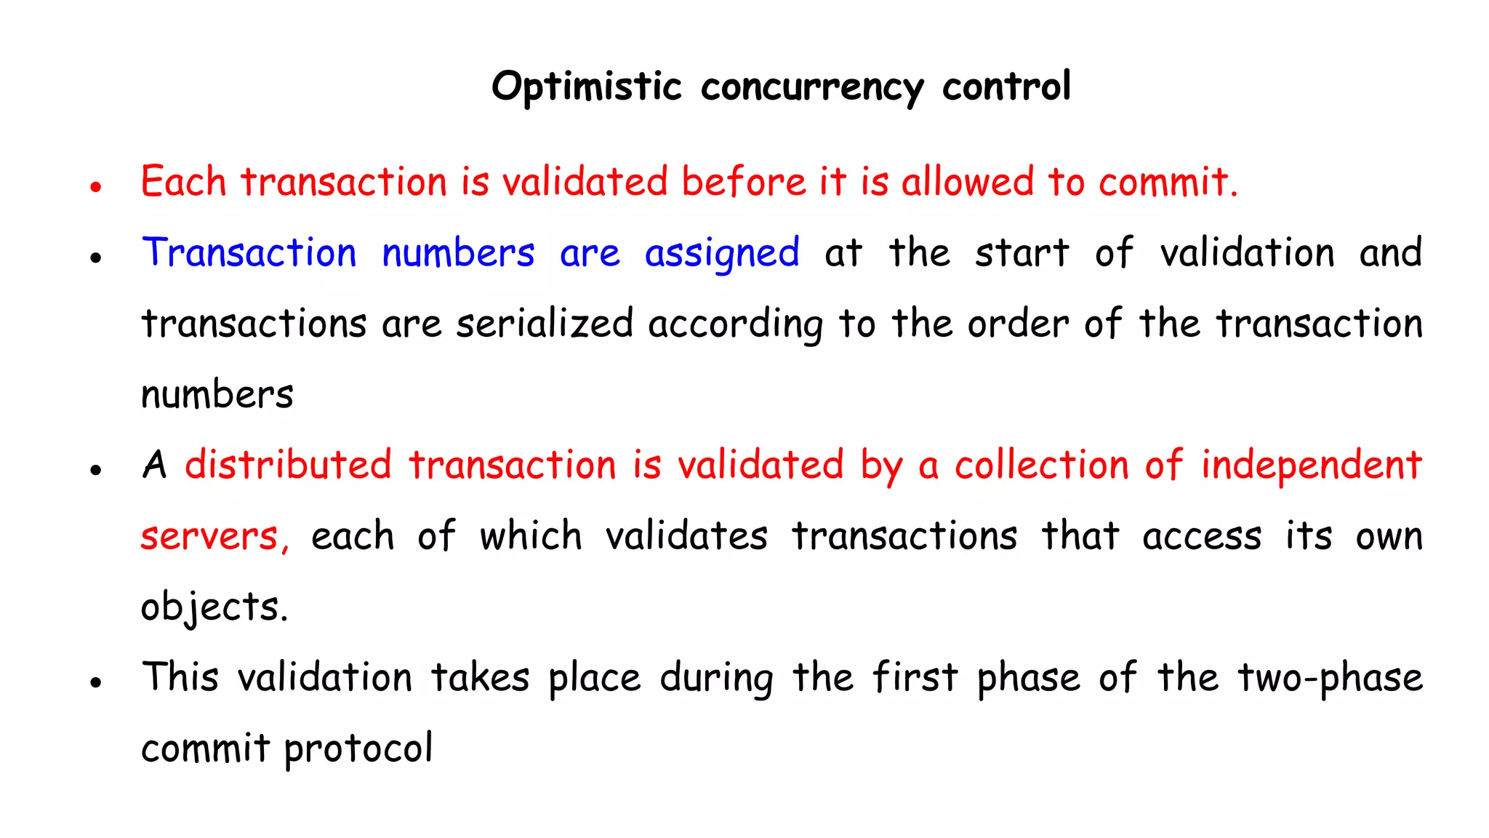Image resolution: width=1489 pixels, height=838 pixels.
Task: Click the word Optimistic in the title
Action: (586, 87)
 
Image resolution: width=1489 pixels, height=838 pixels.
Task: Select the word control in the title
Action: (1006, 87)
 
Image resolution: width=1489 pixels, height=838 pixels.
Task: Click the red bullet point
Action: (95, 187)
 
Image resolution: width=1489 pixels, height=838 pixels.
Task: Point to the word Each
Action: (183, 182)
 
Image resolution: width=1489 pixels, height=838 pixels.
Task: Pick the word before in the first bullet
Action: (743, 182)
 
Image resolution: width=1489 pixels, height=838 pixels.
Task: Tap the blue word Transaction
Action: (249, 253)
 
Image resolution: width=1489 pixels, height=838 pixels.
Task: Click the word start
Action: (1022, 253)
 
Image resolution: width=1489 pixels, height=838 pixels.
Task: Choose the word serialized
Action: (545, 324)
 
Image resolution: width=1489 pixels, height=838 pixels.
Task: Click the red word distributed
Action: (288, 465)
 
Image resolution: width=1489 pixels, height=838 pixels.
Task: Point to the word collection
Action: (1041, 465)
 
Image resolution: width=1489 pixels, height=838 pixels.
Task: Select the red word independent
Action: (1311, 466)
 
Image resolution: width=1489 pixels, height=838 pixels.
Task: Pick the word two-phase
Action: (1330, 679)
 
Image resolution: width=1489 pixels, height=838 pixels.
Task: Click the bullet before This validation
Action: (95, 683)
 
